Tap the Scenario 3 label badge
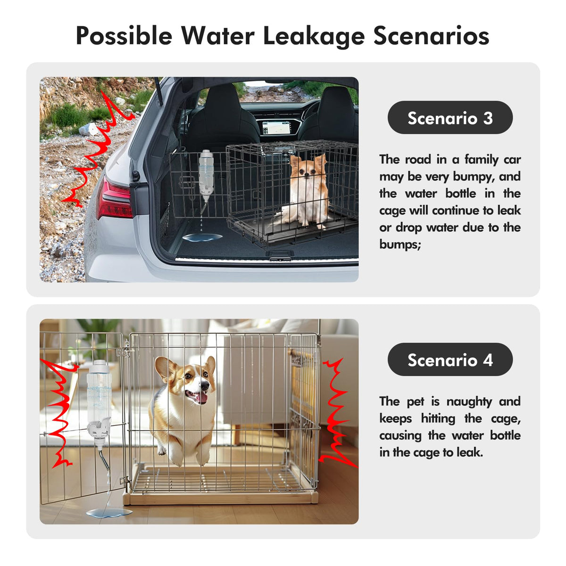pos(450,117)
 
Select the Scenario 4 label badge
pos(450,359)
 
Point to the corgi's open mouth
pos(197,397)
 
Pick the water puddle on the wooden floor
pos(109,513)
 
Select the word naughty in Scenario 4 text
pos(469,402)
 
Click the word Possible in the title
pos(124,36)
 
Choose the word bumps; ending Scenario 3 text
pos(400,244)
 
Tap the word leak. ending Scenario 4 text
pos(470,452)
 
